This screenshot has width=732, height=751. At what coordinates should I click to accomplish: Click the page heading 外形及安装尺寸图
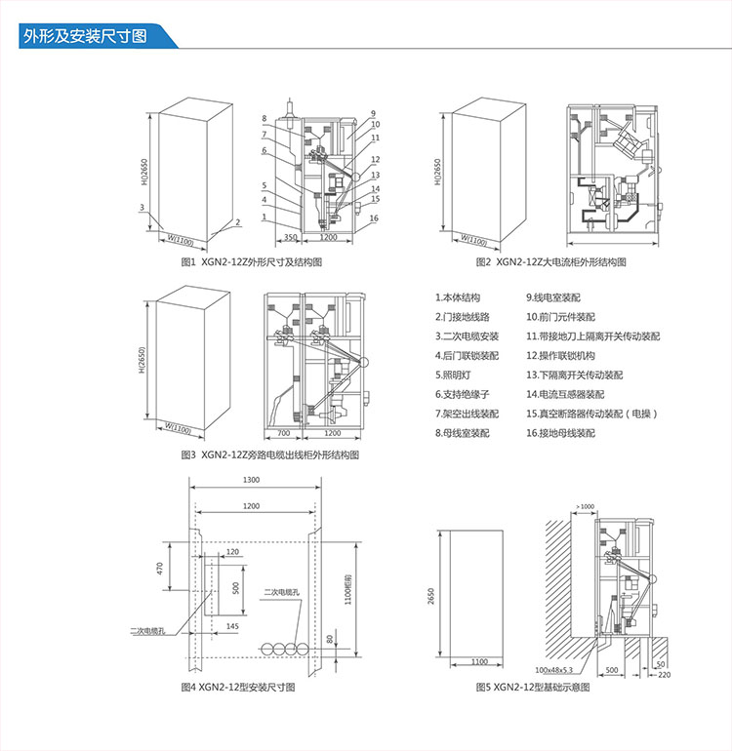click(84, 37)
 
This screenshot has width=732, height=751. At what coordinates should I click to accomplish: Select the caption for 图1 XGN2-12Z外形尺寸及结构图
click(251, 262)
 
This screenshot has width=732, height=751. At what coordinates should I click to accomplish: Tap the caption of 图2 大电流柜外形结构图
click(550, 262)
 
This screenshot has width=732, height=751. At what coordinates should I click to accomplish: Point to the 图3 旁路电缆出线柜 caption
click(269, 455)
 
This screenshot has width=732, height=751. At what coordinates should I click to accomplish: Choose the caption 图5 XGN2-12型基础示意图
click(533, 688)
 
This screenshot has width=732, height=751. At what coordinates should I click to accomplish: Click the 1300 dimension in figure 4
click(251, 480)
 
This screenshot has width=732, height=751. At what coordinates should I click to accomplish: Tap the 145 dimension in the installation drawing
click(231, 625)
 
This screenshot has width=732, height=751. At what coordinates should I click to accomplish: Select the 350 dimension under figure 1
click(291, 237)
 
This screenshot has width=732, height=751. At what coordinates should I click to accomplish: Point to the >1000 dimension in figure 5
click(585, 506)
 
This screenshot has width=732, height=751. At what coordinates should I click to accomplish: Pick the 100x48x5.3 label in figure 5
click(553, 671)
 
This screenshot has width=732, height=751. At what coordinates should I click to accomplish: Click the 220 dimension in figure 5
click(665, 674)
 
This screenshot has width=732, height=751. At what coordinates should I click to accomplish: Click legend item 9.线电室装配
click(553, 296)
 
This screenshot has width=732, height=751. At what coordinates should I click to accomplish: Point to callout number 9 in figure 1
click(373, 113)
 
